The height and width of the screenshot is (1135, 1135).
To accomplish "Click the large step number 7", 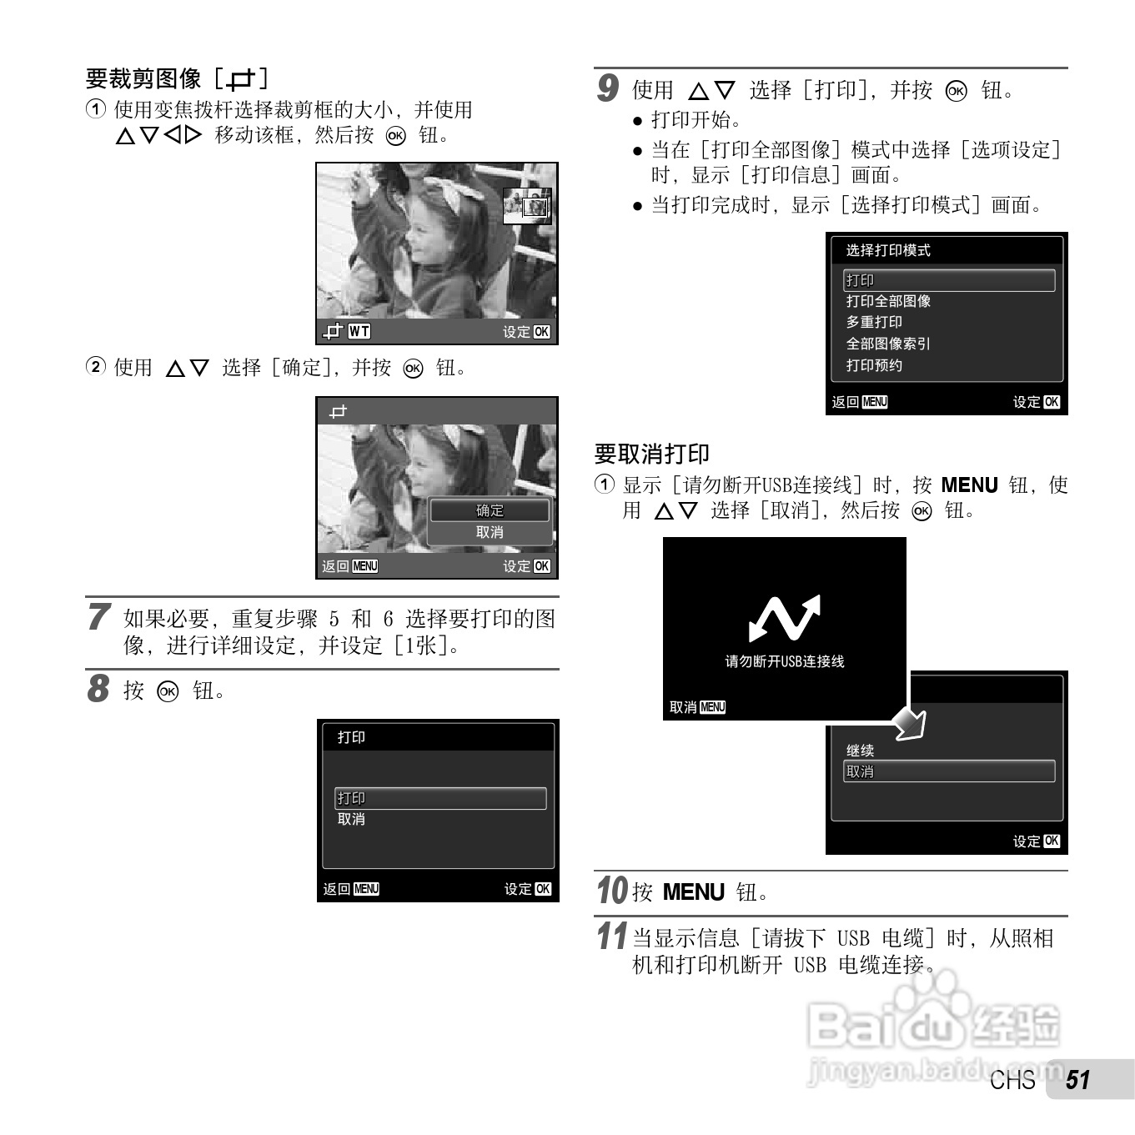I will (x=98, y=617).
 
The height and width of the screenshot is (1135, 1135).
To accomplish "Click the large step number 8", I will (x=98, y=690).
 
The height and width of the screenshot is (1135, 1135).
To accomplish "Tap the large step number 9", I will (x=608, y=88).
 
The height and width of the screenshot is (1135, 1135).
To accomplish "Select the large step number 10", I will (x=611, y=891).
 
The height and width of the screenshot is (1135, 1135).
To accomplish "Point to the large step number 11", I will (x=611, y=937).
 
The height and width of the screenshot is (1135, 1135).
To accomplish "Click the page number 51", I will (x=1077, y=1080).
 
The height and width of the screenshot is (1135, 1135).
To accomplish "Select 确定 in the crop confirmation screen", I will (x=490, y=510).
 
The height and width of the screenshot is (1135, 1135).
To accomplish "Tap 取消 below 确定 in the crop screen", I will (x=490, y=532).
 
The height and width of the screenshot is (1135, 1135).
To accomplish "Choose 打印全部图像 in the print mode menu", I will (x=888, y=301).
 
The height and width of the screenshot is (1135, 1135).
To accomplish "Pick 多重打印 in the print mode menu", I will (x=874, y=322).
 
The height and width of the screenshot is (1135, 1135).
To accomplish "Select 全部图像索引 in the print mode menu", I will (x=888, y=344).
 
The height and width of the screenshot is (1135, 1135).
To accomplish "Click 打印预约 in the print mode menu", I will (x=874, y=365).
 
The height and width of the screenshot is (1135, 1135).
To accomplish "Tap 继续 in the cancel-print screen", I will (x=860, y=751).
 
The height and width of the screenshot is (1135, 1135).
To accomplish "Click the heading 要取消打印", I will (x=651, y=454).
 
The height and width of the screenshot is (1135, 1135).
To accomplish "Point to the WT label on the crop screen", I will (x=359, y=332).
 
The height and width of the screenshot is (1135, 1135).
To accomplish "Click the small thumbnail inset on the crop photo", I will (x=527, y=206).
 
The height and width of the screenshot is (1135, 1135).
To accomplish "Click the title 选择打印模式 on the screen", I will (x=888, y=250).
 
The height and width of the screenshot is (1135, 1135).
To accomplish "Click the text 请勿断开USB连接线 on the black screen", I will (x=784, y=661).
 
